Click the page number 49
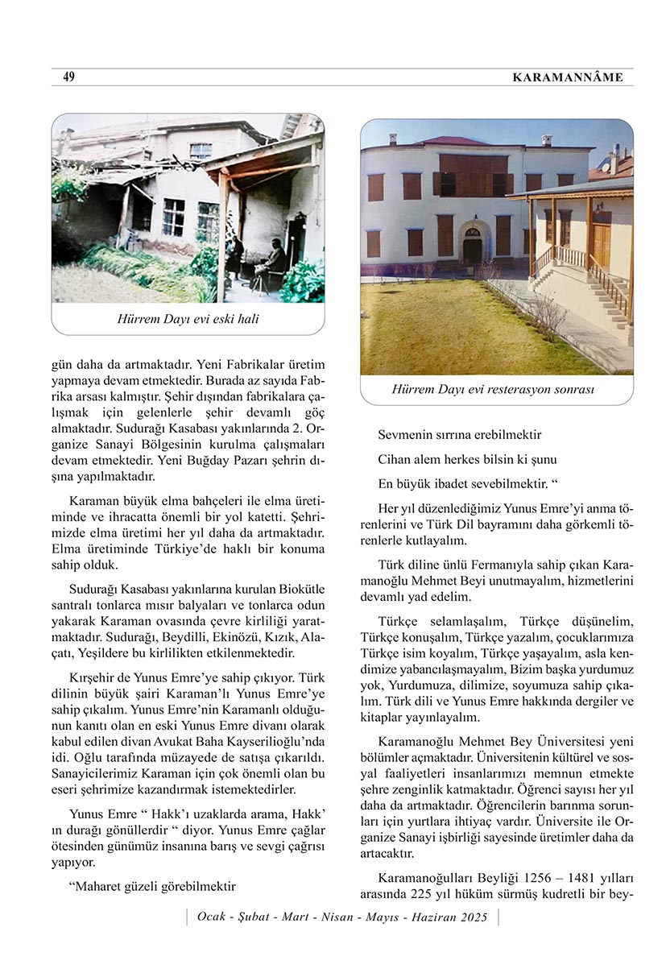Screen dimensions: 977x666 tap(68, 77)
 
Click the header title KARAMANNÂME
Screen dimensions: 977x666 tap(567, 77)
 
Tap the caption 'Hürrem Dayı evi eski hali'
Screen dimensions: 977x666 tap(188, 319)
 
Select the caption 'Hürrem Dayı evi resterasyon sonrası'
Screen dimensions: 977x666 tap(493, 389)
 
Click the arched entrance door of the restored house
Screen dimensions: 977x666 tap(473, 245)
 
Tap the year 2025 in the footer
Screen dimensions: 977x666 tap(474, 917)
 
